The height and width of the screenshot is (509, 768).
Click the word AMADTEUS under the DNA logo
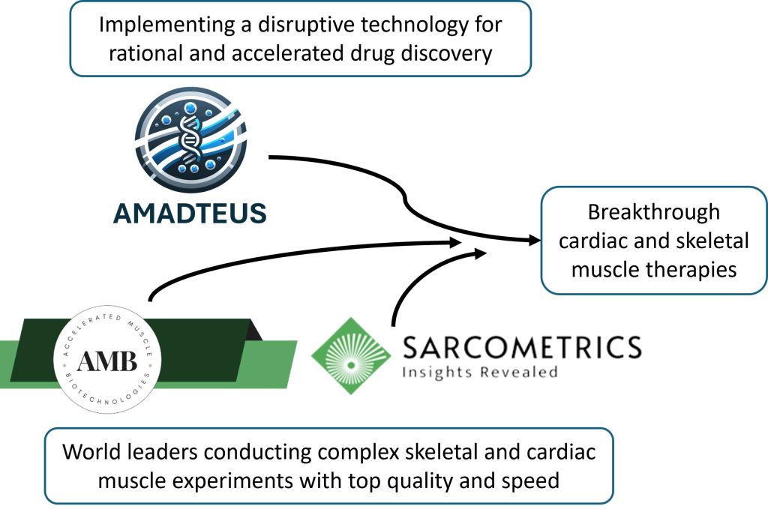click(x=190, y=214)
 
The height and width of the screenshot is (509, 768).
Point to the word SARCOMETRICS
click(x=522, y=347)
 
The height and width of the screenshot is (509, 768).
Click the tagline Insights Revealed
click(x=480, y=371)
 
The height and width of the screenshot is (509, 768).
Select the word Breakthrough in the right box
click(x=653, y=212)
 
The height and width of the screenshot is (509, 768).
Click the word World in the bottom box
click(x=93, y=453)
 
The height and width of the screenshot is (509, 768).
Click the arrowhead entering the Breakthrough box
click(x=534, y=241)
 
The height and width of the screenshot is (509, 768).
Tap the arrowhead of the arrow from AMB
click(x=455, y=242)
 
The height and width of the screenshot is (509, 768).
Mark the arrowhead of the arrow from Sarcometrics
click(x=480, y=253)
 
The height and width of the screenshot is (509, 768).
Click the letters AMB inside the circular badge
click(x=108, y=363)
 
